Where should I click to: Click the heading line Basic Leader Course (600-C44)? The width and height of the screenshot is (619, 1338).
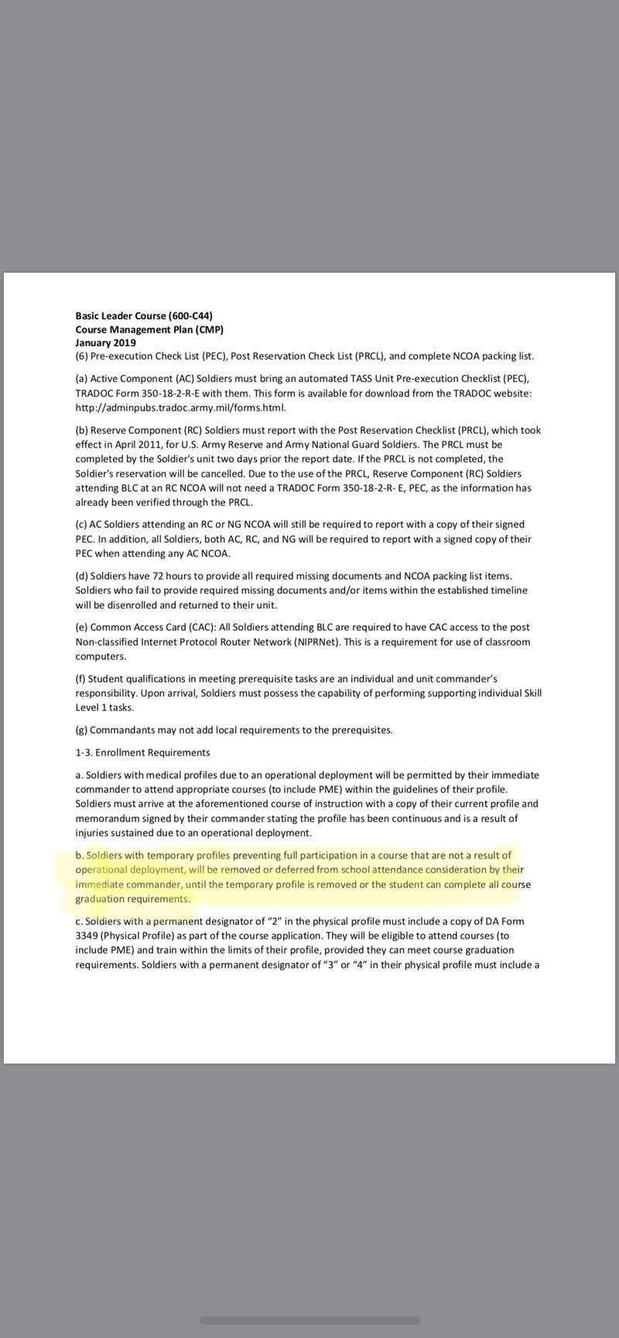point(143,316)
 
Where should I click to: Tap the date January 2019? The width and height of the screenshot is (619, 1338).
point(105,343)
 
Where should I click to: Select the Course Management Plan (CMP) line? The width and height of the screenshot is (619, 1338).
point(149,329)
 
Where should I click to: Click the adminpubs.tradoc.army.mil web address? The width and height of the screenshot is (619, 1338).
point(180,408)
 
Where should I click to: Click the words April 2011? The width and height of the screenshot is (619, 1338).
point(141,445)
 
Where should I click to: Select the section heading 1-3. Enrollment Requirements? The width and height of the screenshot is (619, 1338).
point(142,753)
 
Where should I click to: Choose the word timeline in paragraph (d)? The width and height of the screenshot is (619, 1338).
point(508,590)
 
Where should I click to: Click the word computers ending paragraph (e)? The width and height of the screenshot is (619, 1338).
point(101,656)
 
